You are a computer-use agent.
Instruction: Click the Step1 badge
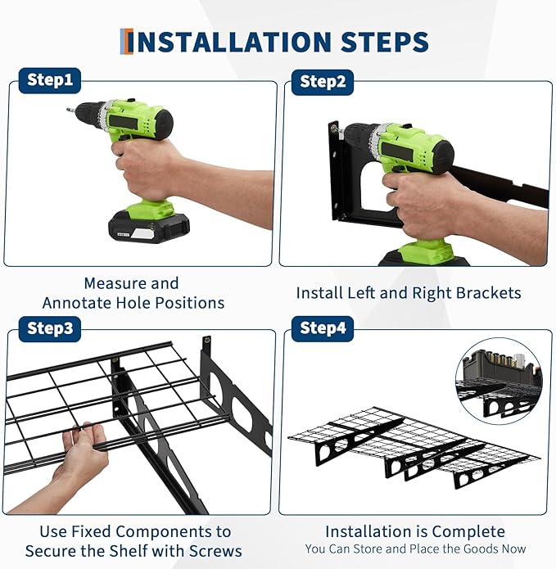coord(50,80)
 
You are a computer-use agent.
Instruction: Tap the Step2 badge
coord(323,82)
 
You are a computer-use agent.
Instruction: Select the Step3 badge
coord(50,329)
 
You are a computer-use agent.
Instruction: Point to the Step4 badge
coord(323,329)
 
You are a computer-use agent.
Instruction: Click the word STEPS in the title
coord(385,42)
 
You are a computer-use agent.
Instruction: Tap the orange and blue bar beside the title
coord(126,42)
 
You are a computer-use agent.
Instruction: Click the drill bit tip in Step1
coord(68,109)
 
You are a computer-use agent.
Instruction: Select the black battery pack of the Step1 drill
coord(149,227)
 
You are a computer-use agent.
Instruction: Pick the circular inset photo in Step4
coord(499,381)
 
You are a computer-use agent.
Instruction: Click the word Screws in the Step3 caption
coord(215,551)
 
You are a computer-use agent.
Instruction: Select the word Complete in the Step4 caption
coord(468,532)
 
